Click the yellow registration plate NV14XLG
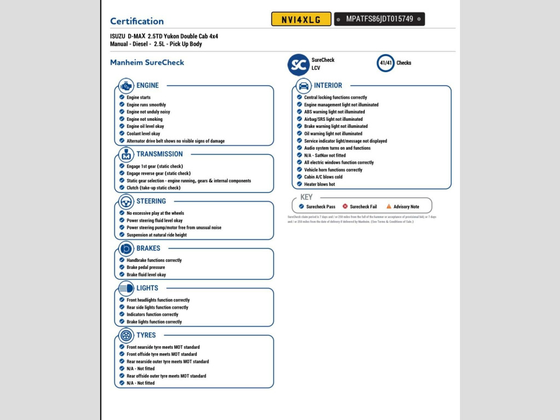pyautogui.click(x=301, y=19)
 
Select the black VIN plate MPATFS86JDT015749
pyautogui.click(x=379, y=19)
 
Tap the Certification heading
pyautogui.click(x=137, y=21)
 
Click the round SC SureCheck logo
pyautogui.click(x=299, y=65)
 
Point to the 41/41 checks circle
pyautogui.click(x=386, y=63)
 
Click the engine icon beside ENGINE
pyautogui.click(x=126, y=86)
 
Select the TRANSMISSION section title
pyautogui.click(x=159, y=154)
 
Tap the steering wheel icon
pyautogui.click(x=126, y=201)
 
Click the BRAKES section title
pyautogui.click(x=148, y=248)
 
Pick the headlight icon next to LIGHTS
pyautogui.click(x=126, y=288)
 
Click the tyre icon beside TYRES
pyautogui.click(x=126, y=335)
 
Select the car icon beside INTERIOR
pyautogui.click(x=304, y=86)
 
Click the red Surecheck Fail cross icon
pyautogui.click(x=345, y=207)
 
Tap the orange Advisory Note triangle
pyautogui.click(x=389, y=207)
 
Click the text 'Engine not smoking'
pyautogui.click(x=144, y=119)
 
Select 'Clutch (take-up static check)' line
pyautogui.click(x=153, y=188)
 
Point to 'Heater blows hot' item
pyautogui.click(x=319, y=184)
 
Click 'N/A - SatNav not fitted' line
pyautogui.click(x=325, y=155)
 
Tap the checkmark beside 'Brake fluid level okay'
pyautogui.click(x=122, y=275)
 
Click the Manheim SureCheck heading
pyautogui.click(x=147, y=63)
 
